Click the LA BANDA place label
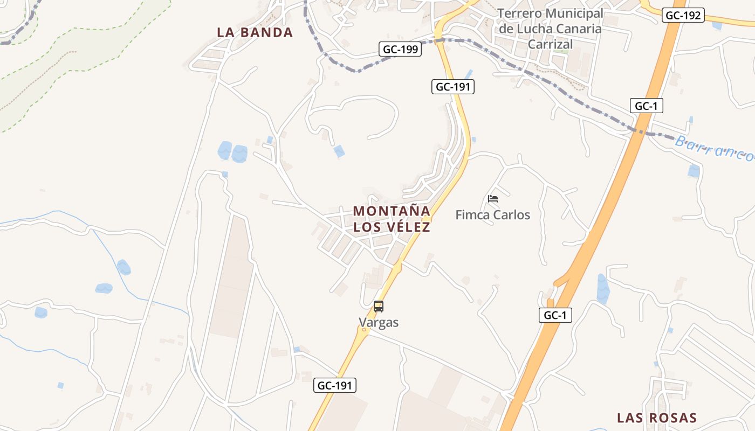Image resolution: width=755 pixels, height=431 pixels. pos(255,32)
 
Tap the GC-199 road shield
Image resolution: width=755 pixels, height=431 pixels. pos(400,50)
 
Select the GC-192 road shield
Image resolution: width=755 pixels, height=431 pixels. pos(683,16)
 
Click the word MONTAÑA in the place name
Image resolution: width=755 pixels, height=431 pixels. pos(392,211)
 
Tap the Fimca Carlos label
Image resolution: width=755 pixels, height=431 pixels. pos(492,215)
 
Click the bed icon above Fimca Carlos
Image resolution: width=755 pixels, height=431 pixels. pos(492,199)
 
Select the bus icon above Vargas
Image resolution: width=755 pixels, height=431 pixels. pos(379,307)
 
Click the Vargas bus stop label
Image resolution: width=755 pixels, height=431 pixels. pos(379,323)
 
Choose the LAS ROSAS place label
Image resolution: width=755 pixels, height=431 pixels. pos(657,418)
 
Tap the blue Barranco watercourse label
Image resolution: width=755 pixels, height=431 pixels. pos(714,148)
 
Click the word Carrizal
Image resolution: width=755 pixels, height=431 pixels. pos(550,44)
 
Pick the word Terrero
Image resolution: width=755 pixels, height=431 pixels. pos(520,13)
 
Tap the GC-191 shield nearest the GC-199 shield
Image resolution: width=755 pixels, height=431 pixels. pos(453,86)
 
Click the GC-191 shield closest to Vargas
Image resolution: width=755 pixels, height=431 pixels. pos(335,385)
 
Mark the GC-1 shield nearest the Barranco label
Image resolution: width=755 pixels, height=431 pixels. pos(646,106)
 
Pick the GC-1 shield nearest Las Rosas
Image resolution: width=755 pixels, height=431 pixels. pos(555,315)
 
